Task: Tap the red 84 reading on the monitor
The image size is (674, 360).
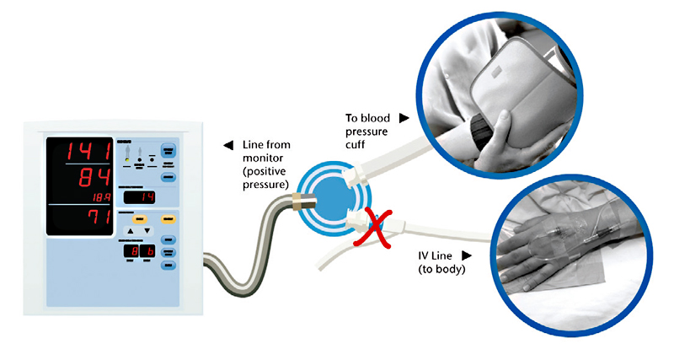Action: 89,180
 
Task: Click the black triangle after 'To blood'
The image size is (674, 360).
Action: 404,118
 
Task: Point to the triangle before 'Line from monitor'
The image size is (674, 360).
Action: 227,146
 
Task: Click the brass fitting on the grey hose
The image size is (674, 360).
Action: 298,202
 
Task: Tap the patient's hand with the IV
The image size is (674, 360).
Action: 548,253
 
